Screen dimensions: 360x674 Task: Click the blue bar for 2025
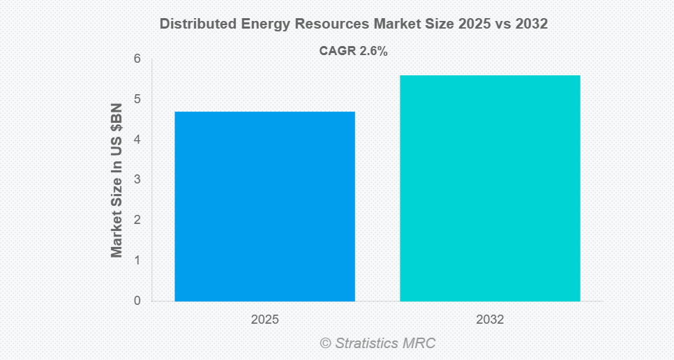[264, 207]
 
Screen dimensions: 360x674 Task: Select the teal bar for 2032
[490, 188]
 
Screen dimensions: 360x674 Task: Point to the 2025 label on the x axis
[265, 320]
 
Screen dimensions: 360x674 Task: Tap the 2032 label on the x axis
[490, 320]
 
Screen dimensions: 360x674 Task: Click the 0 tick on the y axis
[137, 301]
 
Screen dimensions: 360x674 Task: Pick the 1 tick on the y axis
[137, 260]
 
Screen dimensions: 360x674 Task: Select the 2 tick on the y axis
[137, 220]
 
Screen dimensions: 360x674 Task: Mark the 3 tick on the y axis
[137, 179]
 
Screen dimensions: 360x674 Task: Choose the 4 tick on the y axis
[137, 140]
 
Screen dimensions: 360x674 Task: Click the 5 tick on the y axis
[137, 99]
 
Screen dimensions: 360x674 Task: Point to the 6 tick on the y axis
[137, 59]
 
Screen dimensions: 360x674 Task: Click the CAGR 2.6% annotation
[353, 51]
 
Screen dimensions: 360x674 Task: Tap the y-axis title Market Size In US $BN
[117, 180]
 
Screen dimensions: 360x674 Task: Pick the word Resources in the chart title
[331, 24]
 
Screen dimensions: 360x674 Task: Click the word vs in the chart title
[498, 24]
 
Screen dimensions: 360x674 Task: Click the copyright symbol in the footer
[325, 343]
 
